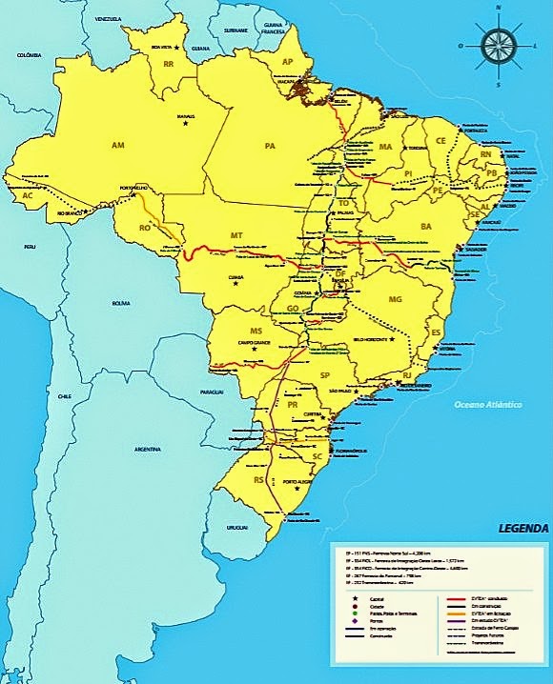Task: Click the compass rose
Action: click(x=497, y=44)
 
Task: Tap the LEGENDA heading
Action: click(x=522, y=528)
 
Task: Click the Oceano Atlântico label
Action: click(x=487, y=406)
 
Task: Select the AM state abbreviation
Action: click(x=118, y=146)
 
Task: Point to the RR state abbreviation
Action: click(x=168, y=65)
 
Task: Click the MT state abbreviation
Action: click(x=236, y=234)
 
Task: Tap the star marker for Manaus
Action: click(x=187, y=123)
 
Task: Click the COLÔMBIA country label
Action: click(x=30, y=56)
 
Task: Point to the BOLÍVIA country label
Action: click(x=120, y=303)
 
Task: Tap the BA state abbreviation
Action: click(x=425, y=226)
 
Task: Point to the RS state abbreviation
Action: click(x=257, y=481)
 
